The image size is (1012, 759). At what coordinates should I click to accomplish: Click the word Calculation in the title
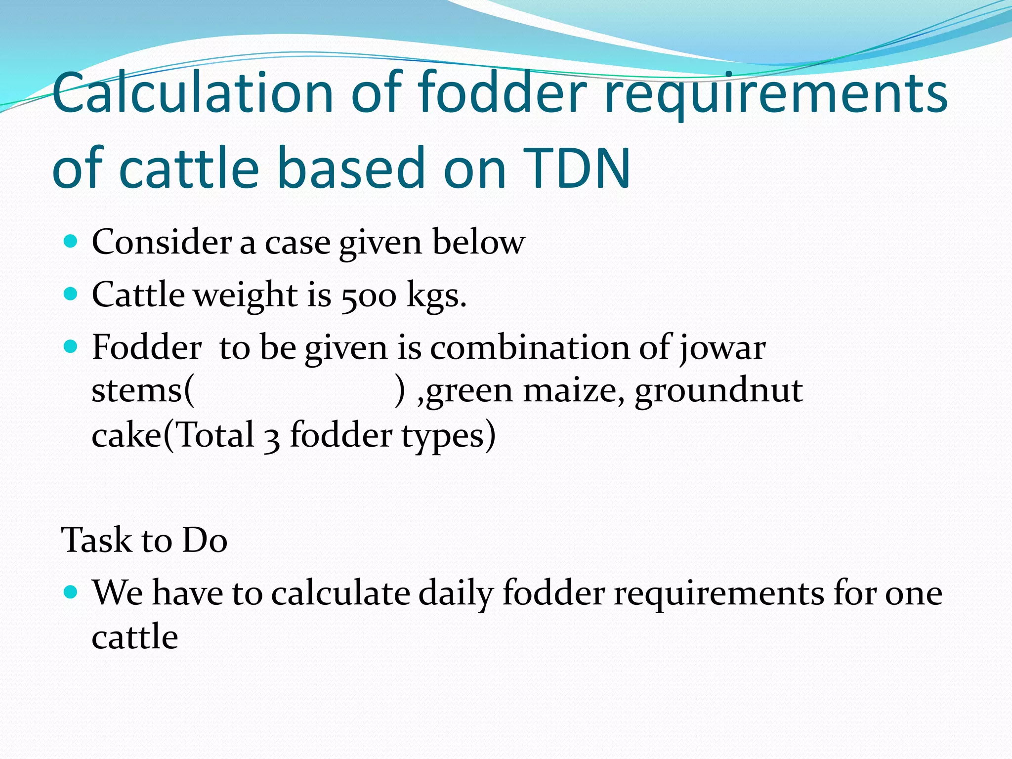[x=193, y=93]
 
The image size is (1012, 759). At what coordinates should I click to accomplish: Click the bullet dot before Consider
[x=71, y=242]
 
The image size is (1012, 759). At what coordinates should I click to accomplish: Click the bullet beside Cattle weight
[x=71, y=295]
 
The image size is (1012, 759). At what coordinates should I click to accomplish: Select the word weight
[x=245, y=295]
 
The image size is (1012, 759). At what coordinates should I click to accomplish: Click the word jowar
[x=722, y=348]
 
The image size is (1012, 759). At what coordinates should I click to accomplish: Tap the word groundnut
[x=718, y=391]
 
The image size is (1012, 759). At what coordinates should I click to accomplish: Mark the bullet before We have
[x=71, y=591]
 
